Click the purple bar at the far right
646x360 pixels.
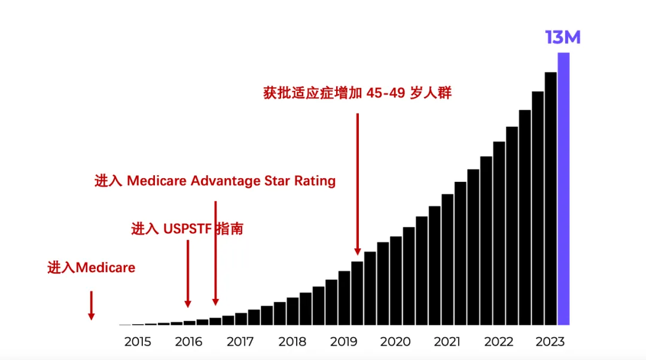(563, 188)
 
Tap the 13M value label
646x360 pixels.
(562, 37)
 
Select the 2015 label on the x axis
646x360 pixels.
(138, 342)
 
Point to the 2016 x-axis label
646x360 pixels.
(189, 342)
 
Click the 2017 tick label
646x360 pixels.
(240, 342)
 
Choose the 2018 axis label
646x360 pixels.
(292, 342)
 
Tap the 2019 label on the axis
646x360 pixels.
(343, 342)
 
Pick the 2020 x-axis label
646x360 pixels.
(395, 342)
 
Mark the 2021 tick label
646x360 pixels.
(447, 342)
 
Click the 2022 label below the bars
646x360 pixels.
(498, 342)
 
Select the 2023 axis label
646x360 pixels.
(550, 342)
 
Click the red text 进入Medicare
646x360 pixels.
(92, 267)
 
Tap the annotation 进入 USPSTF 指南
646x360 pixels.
(187, 228)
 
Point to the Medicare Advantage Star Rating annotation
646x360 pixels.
(215, 181)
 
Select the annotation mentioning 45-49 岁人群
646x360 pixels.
(357, 93)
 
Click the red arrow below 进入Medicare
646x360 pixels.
(92, 305)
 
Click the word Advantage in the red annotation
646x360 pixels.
(226, 181)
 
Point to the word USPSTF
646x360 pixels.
(188, 228)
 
